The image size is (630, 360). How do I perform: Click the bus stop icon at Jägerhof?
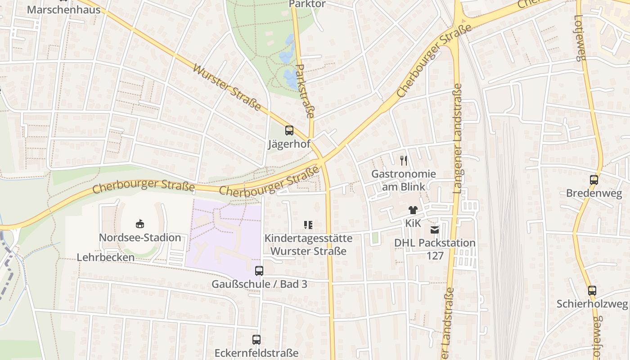pyautogui.click(x=289, y=131)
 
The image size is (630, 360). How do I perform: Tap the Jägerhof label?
pyautogui.click(x=289, y=144)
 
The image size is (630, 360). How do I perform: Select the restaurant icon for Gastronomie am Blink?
pyautogui.click(x=404, y=161)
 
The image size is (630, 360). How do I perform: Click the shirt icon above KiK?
pyautogui.click(x=413, y=210)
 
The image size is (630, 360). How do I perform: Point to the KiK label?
pyautogui.click(x=413, y=223)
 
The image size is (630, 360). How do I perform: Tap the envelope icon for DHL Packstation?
pyautogui.click(x=434, y=230)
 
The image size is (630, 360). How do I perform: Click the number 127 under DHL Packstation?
pyautogui.click(x=435, y=256)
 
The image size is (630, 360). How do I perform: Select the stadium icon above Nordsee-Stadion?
pyautogui.click(x=140, y=224)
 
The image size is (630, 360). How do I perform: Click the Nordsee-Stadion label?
pyautogui.click(x=140, y=238)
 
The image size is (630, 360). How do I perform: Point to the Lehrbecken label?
pyautogui.click(x=106, y=257)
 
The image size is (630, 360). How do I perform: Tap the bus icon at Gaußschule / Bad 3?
pyautogui.click(x=259, y=271)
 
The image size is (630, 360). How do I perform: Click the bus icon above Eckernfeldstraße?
pyautogui.click(x=256, y=340)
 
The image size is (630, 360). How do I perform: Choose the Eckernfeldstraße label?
pyautogui.click(x=256, y=353)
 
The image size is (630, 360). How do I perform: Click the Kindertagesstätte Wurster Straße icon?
pyautogui.click(x=308, y=225)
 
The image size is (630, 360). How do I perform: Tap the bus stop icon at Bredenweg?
pyautogui.click(x=594, y=180)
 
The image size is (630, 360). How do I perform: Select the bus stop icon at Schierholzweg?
pyautogui.click(x=592, y=291)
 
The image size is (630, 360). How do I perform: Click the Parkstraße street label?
pyautogui.click(x=305, y=91)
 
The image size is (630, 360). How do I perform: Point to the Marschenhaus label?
pyautogui.click(x=64, y=9)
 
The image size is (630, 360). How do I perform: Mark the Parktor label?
pyautogui.click(x=307, y=4)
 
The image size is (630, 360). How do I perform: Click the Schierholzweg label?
pyautogui.click(x=592, y=304)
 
